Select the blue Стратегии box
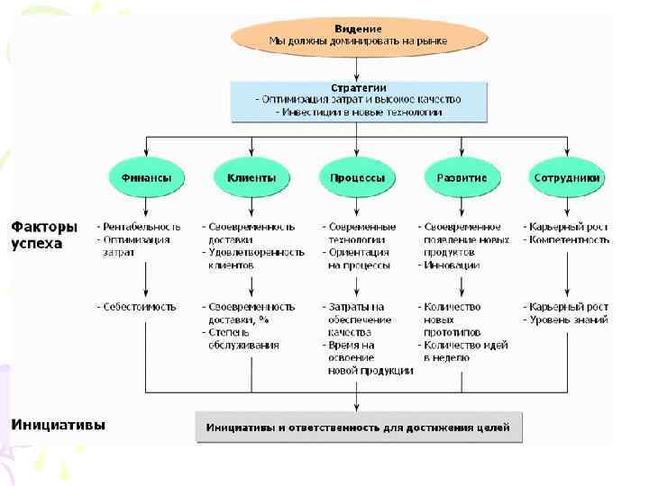(x=359, y=101)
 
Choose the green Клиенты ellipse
(x=251, y=177)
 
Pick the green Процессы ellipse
(x=357, y=177)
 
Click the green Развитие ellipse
(x=462, y=177)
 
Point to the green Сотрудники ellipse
(x=567, y=177)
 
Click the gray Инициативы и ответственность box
(x=358, y=426)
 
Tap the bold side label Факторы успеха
(x=43, y=234)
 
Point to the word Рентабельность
(x=142, y=227)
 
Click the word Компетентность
(x=570, y=239)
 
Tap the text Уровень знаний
(x=569, y=319)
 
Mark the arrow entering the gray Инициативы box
(x=358, y=400)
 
